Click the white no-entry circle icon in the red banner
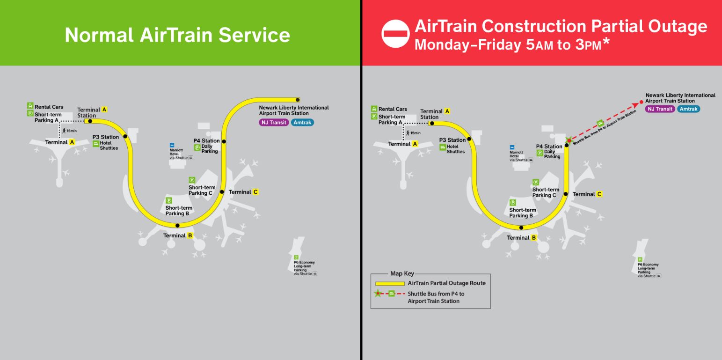(395, 34)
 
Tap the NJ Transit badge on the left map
(274, 123)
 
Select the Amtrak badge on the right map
(688, 109)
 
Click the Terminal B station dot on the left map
(177, 226)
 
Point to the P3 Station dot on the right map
(469, 139)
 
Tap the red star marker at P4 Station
(569, 140)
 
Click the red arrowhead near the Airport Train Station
(635, 105)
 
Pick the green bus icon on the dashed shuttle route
(600, 123)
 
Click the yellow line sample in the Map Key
(390, 284)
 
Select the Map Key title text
(402, 273)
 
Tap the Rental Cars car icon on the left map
(30, 105)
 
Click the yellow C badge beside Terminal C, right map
(599, 194)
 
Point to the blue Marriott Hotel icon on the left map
(172, 145)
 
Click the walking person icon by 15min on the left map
(64, 131)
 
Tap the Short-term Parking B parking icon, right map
(512, 203)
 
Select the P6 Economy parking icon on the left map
(296, 257)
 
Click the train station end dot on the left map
(298, 100)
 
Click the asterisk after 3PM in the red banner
(606, 41)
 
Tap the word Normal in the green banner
(99, 35)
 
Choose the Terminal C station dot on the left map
(222, 192)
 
